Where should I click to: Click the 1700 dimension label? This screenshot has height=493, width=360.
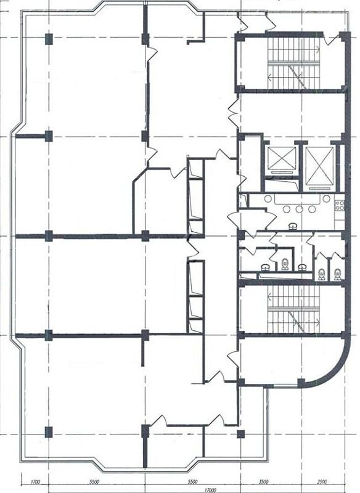pos(36,481)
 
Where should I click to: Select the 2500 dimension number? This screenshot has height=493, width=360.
pos(321,481)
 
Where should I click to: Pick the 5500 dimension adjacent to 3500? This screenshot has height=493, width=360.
pos(192,481)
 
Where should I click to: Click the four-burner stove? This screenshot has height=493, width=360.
pos(340,206)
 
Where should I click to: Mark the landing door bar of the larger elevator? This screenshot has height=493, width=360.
pos(319,189)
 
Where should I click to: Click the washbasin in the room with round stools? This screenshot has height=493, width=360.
pos(293,226)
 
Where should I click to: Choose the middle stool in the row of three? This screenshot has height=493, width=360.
pos(299,209)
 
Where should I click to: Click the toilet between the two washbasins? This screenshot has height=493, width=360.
pos(285,264)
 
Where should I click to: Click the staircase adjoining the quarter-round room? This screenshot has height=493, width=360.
pos(293,309)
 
